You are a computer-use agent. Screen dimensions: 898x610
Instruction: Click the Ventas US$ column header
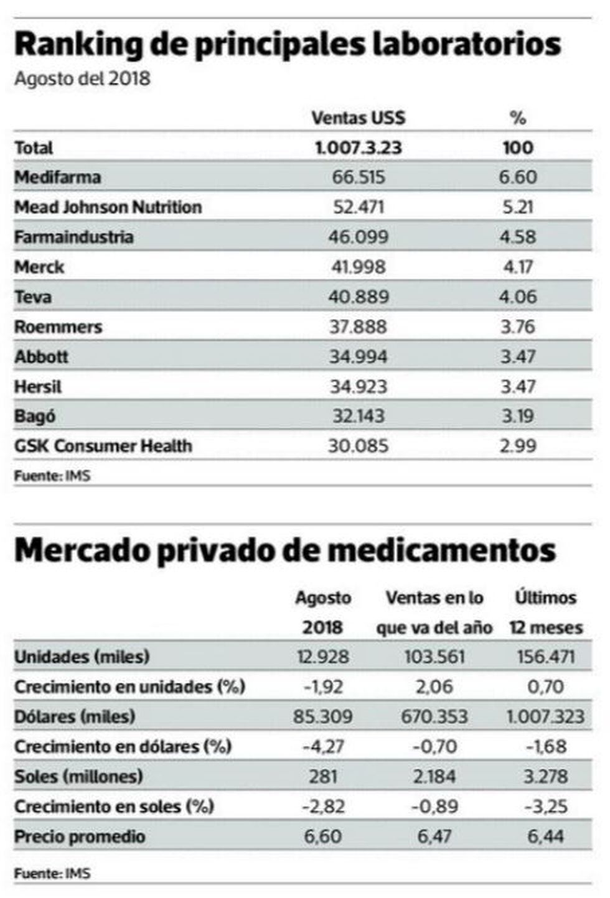(358, 118)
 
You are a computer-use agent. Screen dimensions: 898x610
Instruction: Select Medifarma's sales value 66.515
(359, 177)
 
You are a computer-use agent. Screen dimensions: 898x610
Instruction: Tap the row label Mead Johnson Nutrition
(108, 207)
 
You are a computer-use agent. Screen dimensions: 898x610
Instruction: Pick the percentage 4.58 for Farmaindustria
(517, 237)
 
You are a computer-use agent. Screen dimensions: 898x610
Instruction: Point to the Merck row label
(39, 267)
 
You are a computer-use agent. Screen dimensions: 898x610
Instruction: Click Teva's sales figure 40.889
(359, 297)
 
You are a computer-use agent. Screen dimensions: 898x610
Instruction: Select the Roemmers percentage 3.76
(517, 326)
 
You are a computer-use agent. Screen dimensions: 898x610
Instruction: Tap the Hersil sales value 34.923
(359, 386)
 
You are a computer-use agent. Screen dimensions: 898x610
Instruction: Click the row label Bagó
(35, 416)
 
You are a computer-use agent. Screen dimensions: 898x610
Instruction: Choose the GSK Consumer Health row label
(103, 446)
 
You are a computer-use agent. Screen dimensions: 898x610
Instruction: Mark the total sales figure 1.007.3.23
(359, 147)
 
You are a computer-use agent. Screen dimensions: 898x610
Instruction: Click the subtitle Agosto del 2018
(82, 79)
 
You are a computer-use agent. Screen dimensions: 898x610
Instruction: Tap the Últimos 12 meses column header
(546, 613)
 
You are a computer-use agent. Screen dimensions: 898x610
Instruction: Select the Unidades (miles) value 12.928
(322, 657)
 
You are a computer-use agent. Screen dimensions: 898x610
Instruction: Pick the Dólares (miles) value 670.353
(434, 716)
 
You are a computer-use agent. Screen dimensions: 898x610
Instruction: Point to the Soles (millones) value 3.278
(546, 776)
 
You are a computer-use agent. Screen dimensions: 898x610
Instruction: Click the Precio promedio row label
(80, 836)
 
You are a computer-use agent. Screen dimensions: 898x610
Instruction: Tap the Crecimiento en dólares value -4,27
(322, 746)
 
